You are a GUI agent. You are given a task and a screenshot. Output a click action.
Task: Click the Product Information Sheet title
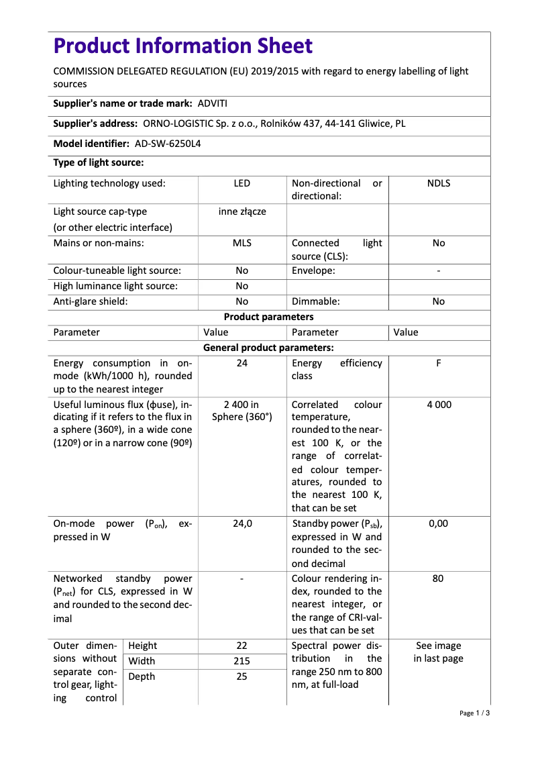coord(182,46)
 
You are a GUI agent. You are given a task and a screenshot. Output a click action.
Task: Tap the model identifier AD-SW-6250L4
coord(168,144)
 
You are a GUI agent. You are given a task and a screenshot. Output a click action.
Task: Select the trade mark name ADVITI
coord(213,103)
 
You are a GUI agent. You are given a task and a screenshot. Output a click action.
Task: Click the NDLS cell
coord(438,183)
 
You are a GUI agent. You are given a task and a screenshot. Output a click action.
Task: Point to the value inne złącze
coord(242,211)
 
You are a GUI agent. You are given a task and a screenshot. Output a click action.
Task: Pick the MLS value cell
coord(242,243)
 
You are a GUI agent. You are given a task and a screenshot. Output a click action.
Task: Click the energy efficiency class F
coord(438,363)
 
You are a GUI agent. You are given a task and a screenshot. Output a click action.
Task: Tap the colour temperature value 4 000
coord(438,405)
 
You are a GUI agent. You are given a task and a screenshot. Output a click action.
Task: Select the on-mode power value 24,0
coord(242,523)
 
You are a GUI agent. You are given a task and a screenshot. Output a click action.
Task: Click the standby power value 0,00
coord(438,523)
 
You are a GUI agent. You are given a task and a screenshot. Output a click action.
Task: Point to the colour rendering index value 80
coord(438,578)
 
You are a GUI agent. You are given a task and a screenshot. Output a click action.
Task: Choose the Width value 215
coord(242,661)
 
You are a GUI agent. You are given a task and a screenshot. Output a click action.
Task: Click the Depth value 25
coord(242,676)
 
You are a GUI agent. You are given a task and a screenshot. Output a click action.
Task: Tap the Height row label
coord(142,646)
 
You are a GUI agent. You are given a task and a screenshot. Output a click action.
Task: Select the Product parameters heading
coord(268,317)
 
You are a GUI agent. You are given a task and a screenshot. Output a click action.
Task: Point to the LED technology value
coord(242,183)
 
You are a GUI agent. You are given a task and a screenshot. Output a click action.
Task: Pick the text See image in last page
coord(438,652)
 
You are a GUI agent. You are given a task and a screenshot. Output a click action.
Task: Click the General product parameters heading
coord(268,348)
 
